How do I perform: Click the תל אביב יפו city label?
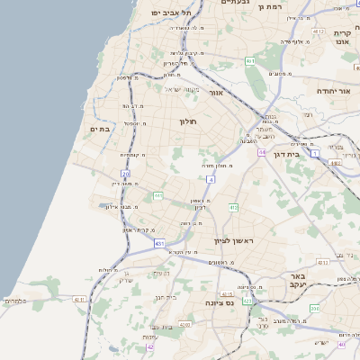tap(173, 13)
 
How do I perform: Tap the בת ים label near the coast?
tap(99, 130)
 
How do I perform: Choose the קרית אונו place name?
tap(347, 37)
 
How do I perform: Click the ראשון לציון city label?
tap(234, 242)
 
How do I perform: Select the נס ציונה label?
tap(220, 304)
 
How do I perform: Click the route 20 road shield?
tap(125, 173)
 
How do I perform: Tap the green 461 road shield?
tap(250, 61)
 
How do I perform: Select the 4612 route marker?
tap(318, 31)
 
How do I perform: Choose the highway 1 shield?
tap(315, 154)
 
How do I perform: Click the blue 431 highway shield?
tap(159, 243)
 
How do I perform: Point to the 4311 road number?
tap(78, 299)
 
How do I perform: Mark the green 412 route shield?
tap(233, 208)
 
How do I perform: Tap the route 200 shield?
tap(314, 309)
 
